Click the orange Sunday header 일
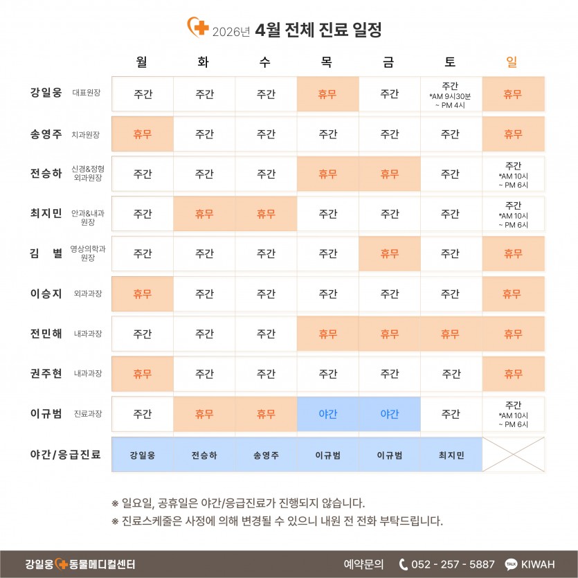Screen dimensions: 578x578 click(x=512, y=62)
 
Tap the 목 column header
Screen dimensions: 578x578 click(x=327, y=62)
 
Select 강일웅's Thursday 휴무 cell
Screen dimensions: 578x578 click(x=327, y=94)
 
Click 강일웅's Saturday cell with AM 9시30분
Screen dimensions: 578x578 click(x=451, y=95)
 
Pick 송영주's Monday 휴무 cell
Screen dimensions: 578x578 click(x=143, y=134)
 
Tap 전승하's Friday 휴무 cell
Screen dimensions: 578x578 click(x=389, y=174)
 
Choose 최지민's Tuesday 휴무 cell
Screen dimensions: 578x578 click(x=204, y=214)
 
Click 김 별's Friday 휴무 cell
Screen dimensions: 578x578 click(x=389, y=254)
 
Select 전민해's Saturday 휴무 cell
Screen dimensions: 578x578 click(x=451, y=334)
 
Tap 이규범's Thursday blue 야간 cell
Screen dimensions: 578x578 click(x=327, y=414)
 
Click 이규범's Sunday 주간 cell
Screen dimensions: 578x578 click(x=513, y=414)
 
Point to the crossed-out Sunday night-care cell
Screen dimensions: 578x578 click(x=513, y=455)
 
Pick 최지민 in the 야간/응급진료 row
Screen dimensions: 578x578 click(x=451, y=455)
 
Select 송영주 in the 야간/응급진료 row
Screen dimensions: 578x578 click(x=266, y=455)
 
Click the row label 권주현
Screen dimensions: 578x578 click(x=46, y=374)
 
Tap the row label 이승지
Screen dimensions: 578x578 click(x=46, y=293)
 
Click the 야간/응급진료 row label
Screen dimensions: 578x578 click(x=66, y=455)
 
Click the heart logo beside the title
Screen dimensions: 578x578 click(x=198, y=28)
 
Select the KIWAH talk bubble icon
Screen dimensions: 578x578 click(x=512, y=564)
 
